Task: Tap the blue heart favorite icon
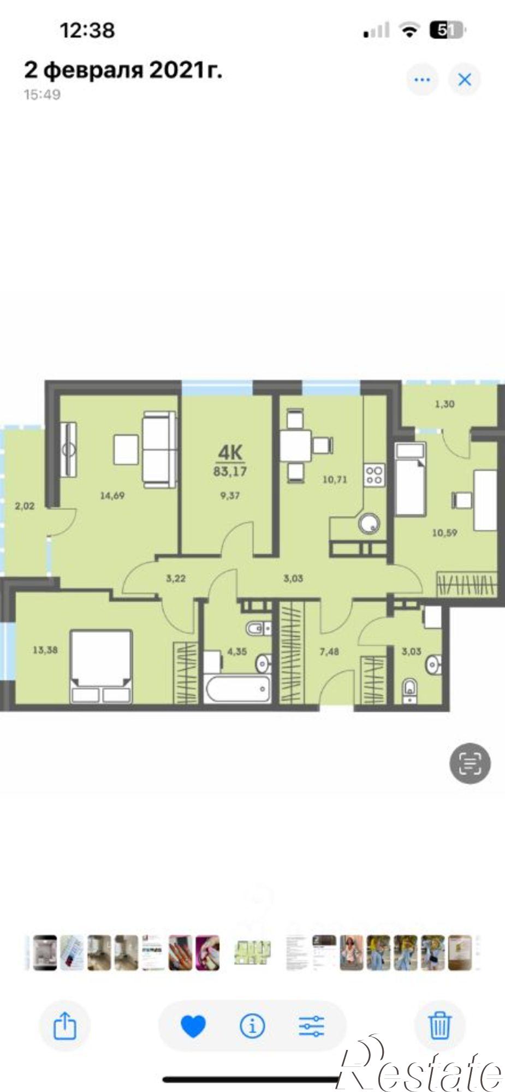point(193,1026)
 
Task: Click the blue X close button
point(465,80)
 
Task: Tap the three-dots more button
point(422,80)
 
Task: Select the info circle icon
point(252,1026)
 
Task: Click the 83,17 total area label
point(230,471)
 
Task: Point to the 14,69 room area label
point(112,496)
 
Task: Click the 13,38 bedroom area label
point(45,650)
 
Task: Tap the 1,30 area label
point(444,404)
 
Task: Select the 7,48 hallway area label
point(329,651)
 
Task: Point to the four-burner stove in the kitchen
point(375,473)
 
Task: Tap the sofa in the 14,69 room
point(160,449)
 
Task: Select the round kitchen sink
point(369,525)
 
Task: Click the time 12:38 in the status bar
point(87,30)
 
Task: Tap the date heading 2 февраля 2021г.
point(123,70)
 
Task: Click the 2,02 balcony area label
point(25,506)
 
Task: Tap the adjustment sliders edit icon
point(312,1026)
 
